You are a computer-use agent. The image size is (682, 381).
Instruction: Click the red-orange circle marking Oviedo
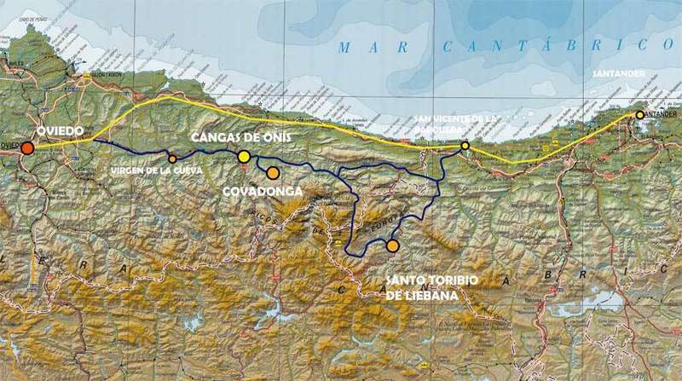[28, 148]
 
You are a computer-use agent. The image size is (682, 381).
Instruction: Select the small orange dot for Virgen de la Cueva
[172, 159]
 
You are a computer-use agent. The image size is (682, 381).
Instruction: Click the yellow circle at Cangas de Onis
[244, 156]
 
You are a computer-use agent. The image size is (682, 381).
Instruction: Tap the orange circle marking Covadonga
[273, 173]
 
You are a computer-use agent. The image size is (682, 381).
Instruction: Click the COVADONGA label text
[263, 193]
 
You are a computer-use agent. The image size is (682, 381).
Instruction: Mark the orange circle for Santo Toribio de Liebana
[392, 245]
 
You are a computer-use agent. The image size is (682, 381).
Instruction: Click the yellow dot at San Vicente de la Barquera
[465, 146]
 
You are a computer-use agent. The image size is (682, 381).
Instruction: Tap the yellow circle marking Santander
[639, 114]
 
